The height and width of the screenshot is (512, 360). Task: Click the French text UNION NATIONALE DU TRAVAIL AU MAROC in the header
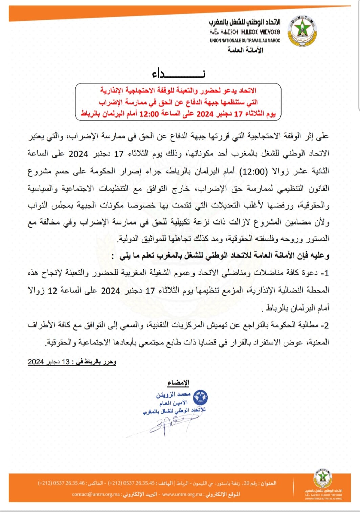pos(245,40)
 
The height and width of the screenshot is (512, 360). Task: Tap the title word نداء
pos(178,73)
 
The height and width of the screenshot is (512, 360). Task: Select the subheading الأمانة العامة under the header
pos(245,50)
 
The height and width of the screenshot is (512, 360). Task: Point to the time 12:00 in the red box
pos(149,114)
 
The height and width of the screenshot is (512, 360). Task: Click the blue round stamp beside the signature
pos(200,397)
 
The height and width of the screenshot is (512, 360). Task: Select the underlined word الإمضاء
pos(178,383)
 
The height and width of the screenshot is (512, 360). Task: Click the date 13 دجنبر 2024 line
pos(72,362)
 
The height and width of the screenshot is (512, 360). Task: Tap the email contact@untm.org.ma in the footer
pos(96,494)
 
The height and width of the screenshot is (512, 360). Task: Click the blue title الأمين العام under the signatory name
pos(174,403)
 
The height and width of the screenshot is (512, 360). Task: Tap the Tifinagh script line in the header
pos(245,32)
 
